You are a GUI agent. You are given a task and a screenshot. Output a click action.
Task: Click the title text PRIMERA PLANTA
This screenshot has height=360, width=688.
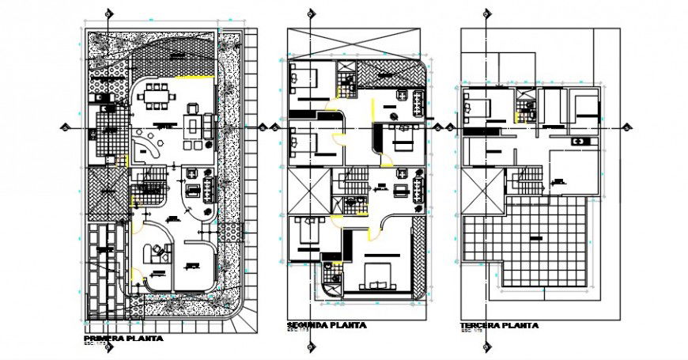coord(123,338)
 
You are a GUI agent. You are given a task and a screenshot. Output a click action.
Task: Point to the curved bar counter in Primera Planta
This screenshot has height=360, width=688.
coord(146,146)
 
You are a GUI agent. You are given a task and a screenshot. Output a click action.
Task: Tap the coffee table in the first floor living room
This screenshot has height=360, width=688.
coord(192,126)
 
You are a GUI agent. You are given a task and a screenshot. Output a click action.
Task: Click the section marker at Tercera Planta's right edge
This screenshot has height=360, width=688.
coord(626,128)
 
